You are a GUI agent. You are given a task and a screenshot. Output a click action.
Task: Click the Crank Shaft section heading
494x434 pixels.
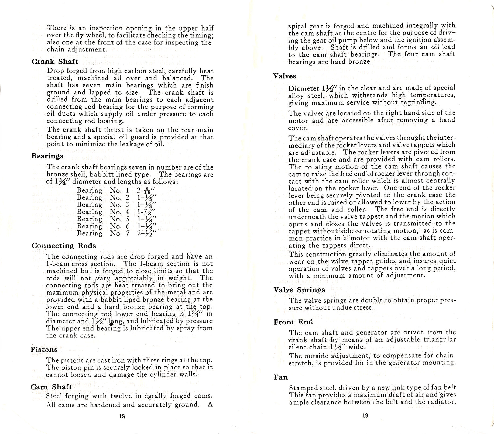(x=55, y=62)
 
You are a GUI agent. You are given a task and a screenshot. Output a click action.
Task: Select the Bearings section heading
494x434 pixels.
(x=47, y=156)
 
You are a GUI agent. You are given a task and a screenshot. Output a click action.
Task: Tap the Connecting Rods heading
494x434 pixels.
(x=64, y=246)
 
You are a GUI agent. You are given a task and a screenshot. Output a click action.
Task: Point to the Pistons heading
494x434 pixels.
(x=44, y=350)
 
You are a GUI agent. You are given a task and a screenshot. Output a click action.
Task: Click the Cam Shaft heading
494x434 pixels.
(x=51, y=387)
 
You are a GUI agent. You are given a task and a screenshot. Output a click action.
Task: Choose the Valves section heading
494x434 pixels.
(x=284, y=76)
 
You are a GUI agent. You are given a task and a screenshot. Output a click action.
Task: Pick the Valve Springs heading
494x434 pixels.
(x=299, y=290)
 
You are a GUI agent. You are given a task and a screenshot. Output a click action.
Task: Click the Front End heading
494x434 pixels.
(x=293, y=322)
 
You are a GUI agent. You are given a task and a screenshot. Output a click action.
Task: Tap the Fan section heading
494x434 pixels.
(x=280, y=377)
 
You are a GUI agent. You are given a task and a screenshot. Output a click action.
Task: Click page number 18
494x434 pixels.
(x=122, y=416)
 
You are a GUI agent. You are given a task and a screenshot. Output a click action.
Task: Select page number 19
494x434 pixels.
(x=365, y=415)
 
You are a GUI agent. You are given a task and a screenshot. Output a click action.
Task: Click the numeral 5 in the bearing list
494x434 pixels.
(x=128, y=219)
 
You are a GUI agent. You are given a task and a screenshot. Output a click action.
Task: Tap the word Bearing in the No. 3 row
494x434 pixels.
(x=89, y=205)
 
